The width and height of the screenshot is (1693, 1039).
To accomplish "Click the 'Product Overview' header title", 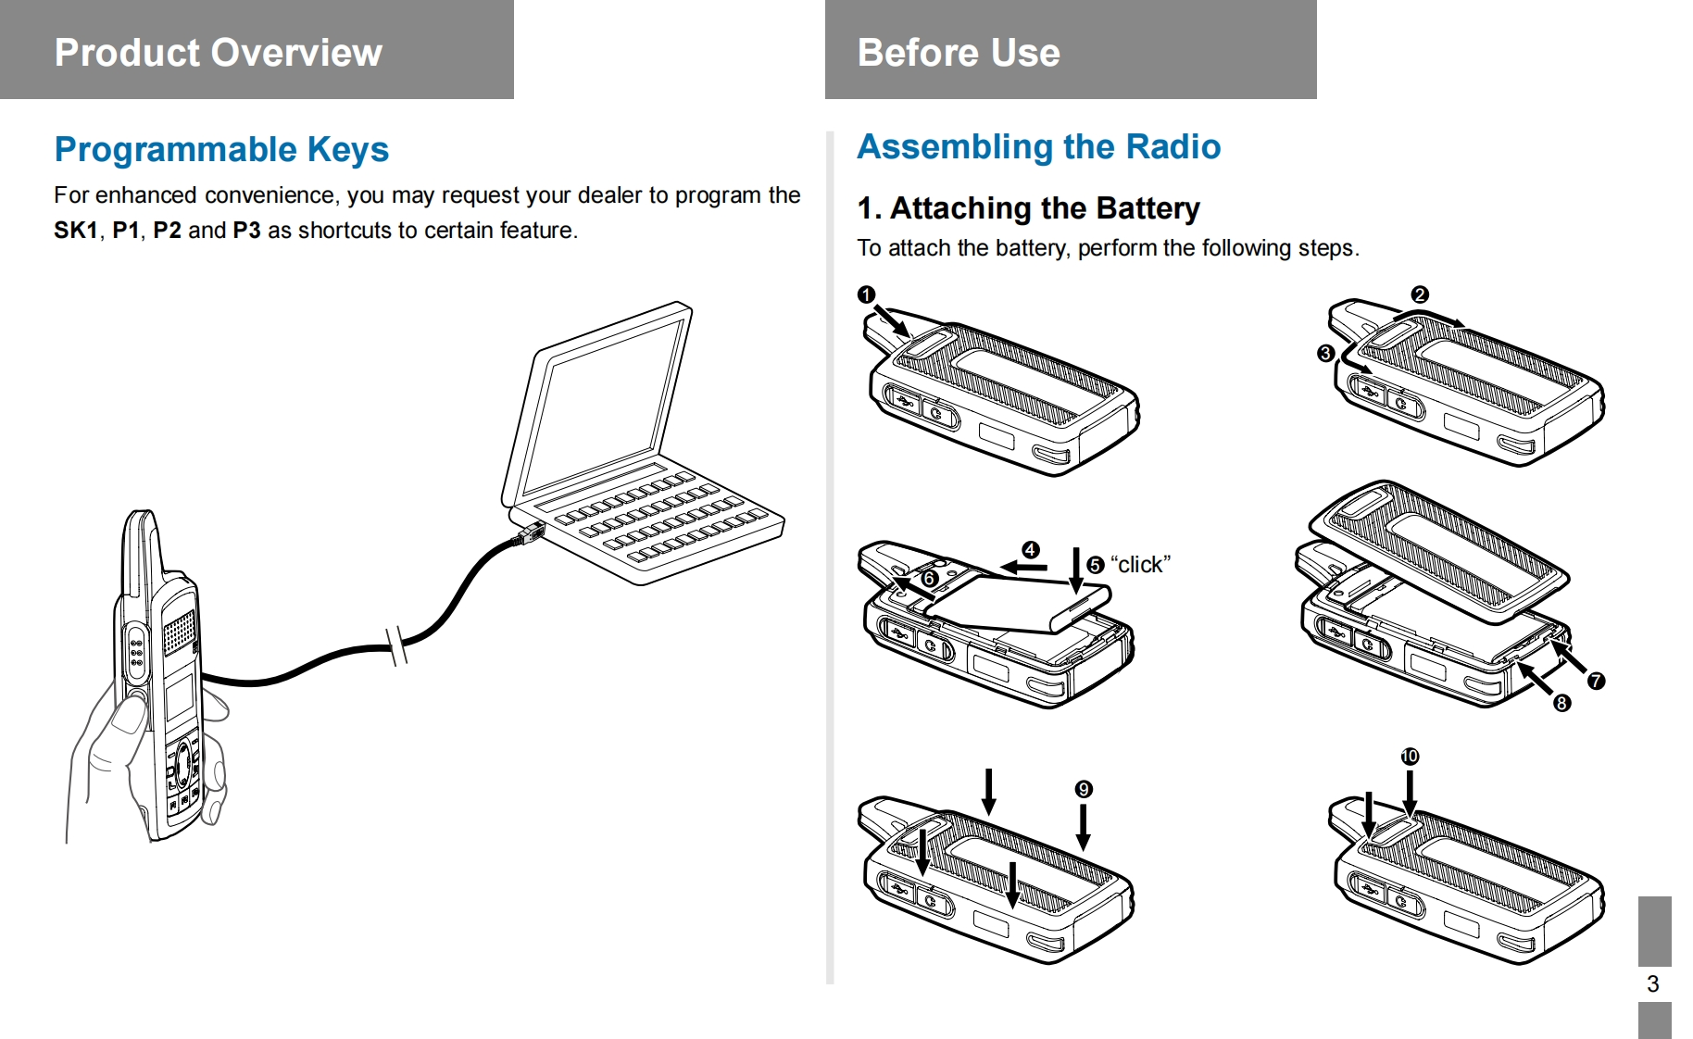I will point(218,53).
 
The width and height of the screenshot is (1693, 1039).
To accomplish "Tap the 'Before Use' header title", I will point(959,53).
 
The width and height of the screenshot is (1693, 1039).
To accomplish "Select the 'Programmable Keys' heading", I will point(221,149).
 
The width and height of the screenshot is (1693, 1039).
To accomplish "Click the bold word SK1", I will point(75,231).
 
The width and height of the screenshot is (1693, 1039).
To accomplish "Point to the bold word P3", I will point(246,231).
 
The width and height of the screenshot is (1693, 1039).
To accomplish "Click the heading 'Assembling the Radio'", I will point(1038,146).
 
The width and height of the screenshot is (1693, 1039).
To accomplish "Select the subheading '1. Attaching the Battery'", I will point(1028,208).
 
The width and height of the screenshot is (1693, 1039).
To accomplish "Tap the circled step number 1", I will point(866,294).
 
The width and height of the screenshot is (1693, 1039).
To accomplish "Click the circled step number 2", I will point(1420,294).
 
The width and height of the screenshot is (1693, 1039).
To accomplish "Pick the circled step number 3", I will point(1325,353).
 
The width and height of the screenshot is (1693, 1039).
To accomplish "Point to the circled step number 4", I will point(1030,549).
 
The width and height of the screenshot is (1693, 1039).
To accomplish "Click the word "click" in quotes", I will point(1140,565).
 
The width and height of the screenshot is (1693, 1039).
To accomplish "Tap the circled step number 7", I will point(1596,681).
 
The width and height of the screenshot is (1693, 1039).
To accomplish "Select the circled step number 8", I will point(1561,703).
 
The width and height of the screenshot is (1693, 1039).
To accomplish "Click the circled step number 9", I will point(1084,789).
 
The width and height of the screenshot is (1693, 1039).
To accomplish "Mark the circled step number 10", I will point(1410,756).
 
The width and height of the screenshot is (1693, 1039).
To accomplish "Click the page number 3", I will point(1652,983).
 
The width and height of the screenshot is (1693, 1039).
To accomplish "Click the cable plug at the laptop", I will point(531,534).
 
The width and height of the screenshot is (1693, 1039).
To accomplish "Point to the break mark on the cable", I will point(397,645).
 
